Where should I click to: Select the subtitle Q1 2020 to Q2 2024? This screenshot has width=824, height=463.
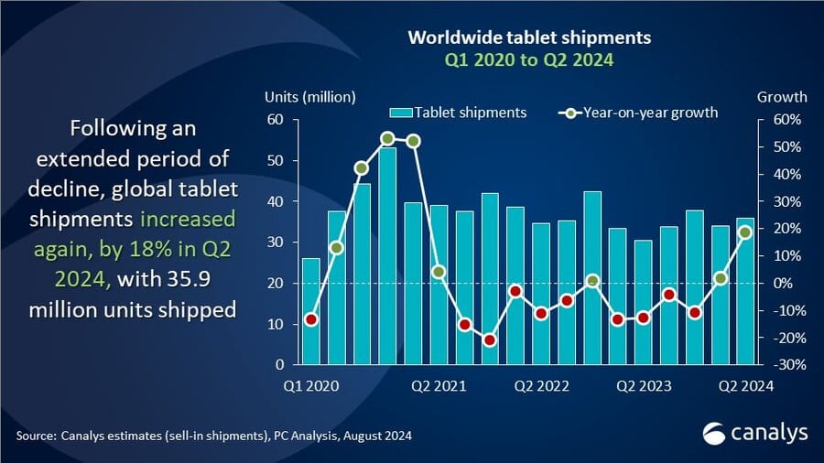pyautogui.click(x=528, y=60)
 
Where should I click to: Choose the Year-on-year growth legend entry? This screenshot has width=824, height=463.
pyautogui.click(x=637, y=113)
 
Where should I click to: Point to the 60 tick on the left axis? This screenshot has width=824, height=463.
pyautogui.click(x=275, y=120)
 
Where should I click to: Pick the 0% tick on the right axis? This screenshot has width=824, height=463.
pyautogui.click(x=773, y=284)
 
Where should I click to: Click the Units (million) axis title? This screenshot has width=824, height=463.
pyautogui.click(x=309, y=96)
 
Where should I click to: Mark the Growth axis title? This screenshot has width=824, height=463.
pyautogui.click(x=782, y=96)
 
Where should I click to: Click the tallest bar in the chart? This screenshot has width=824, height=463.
pyautogui.click(x=387, y=256)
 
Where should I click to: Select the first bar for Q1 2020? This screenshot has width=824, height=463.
pyautogui.click(x=310, y=311)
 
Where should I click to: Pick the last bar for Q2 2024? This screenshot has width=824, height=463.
pyautogui.click(x=746, y=291)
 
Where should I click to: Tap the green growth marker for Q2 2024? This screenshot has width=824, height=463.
pyautogui.click(x=746, y=232)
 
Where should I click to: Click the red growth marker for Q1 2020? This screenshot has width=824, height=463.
pyautogui.click(x=310, y=319)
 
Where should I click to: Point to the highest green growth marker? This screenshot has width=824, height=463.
pyautogui.click(x=387, y=138)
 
